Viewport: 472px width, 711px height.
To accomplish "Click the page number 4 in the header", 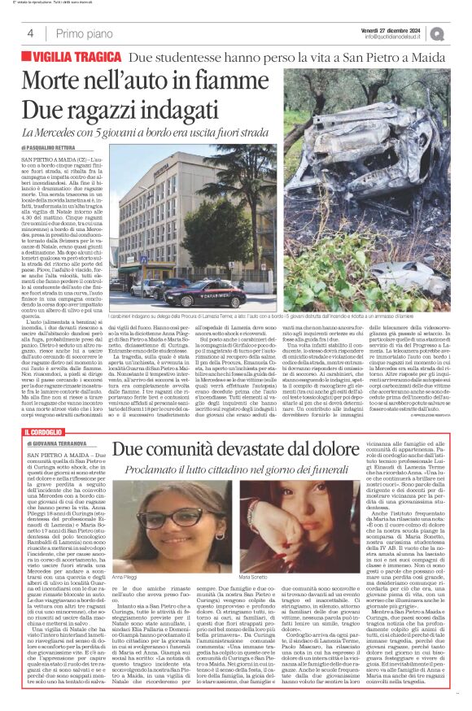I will click(x=30, y=33).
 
